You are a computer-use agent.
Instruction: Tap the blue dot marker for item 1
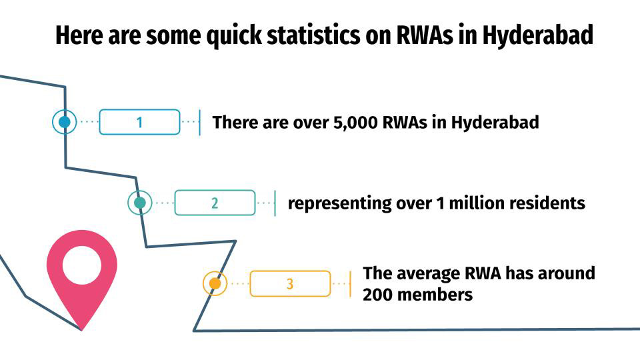(65, 122)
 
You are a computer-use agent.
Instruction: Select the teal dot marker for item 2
(140, 203)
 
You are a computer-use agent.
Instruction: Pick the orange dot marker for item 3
(215, 284)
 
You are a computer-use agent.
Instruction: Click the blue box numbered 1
(139, 122)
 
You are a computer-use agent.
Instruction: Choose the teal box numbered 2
(215, 203)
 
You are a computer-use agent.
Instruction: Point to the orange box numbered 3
(290, 284)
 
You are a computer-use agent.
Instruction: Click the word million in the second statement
(479, 203)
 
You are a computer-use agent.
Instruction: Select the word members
(437, 294)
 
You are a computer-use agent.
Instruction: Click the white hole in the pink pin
(82, 265)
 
